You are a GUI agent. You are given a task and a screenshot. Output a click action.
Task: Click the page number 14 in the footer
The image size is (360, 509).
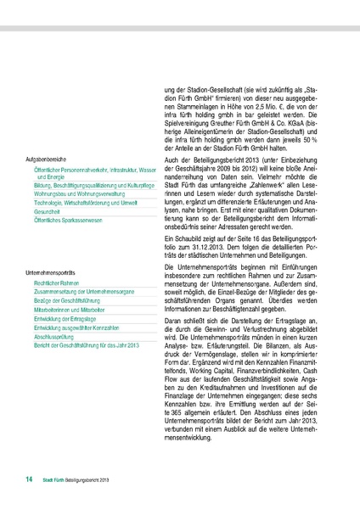[x=29, y=480]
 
